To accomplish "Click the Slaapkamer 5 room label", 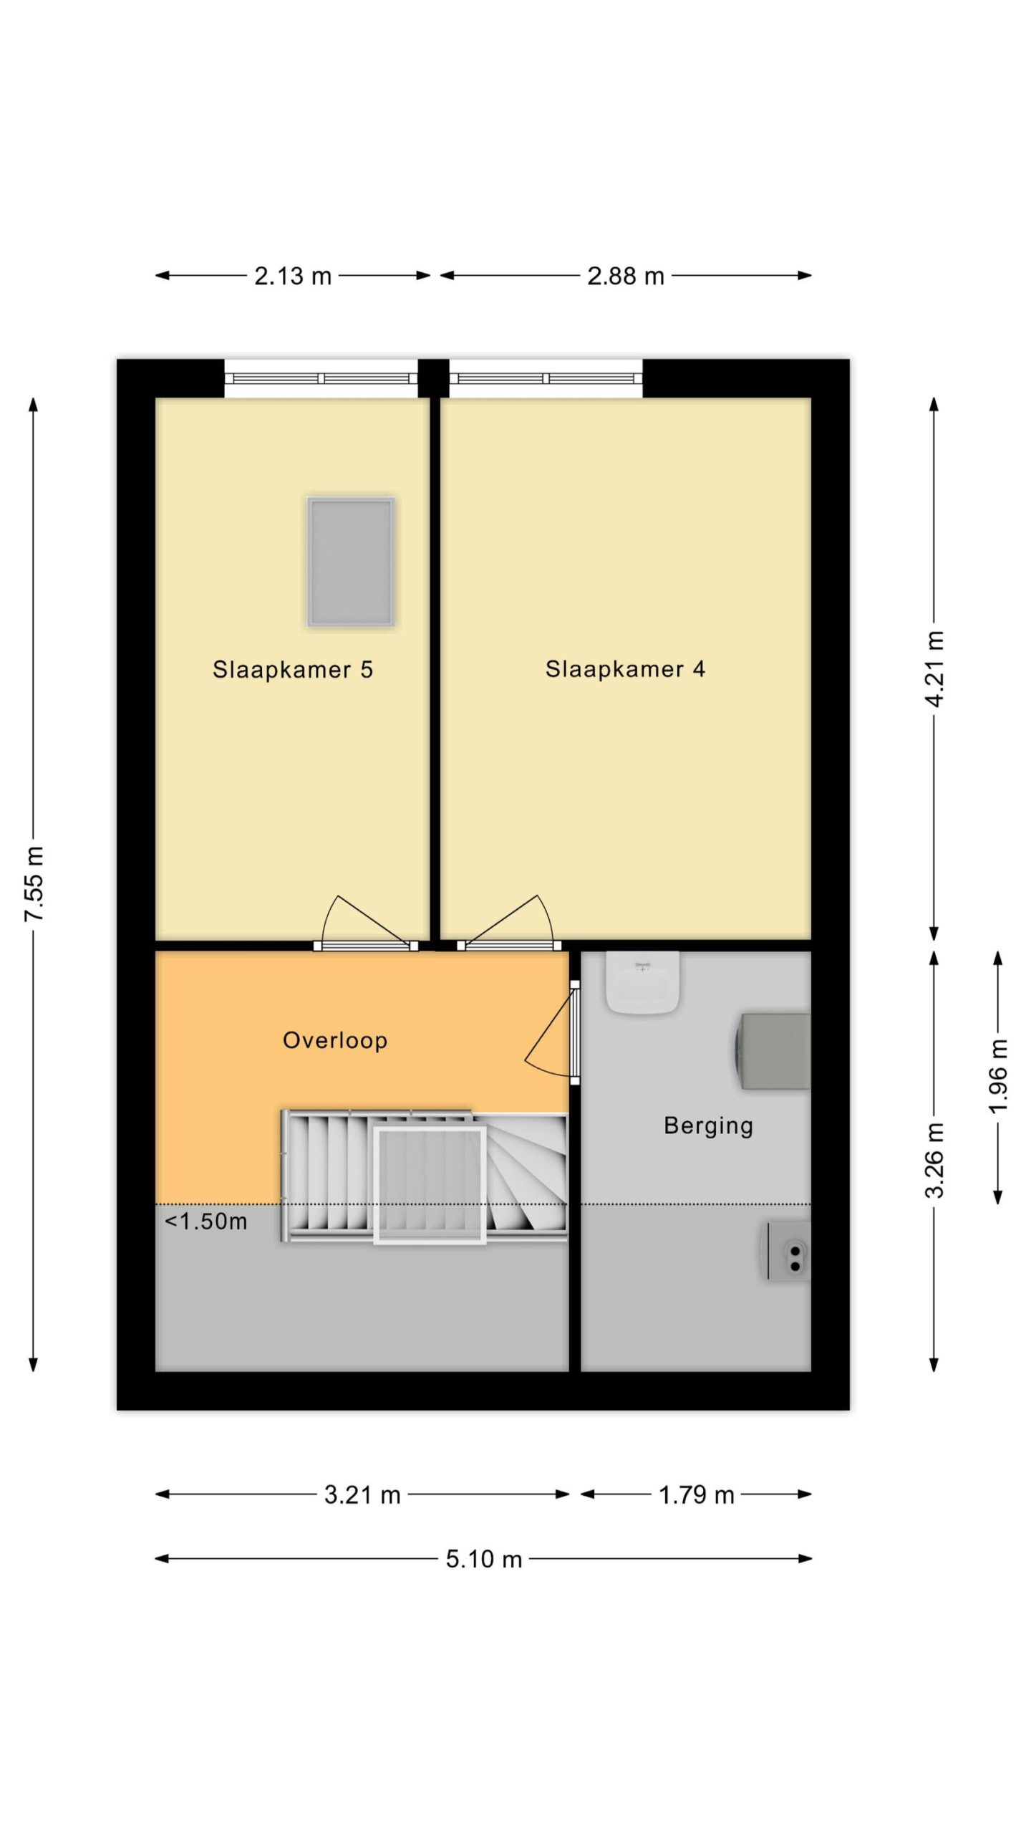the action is tap(293, 669).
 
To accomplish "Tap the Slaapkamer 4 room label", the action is tap(625, 668).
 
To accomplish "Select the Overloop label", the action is tap(335, 1040).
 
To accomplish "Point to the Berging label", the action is tap(708, 1125).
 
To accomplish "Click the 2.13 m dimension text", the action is tap(293, 276).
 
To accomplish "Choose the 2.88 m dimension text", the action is tap(625, 276).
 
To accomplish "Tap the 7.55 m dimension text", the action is tap(34, 883).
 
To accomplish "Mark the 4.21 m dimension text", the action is tap(934, 668).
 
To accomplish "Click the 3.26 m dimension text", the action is tap(934, 1160).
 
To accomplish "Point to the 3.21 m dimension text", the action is tap(362, 1495).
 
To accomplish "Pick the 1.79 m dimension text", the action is tap(696, 1495).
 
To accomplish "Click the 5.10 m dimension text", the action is tap(484, 1559).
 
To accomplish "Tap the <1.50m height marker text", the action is tap(206, 1221).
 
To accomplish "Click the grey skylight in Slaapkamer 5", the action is tap(351, 562).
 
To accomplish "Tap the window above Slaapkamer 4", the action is tap(546, 378).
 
